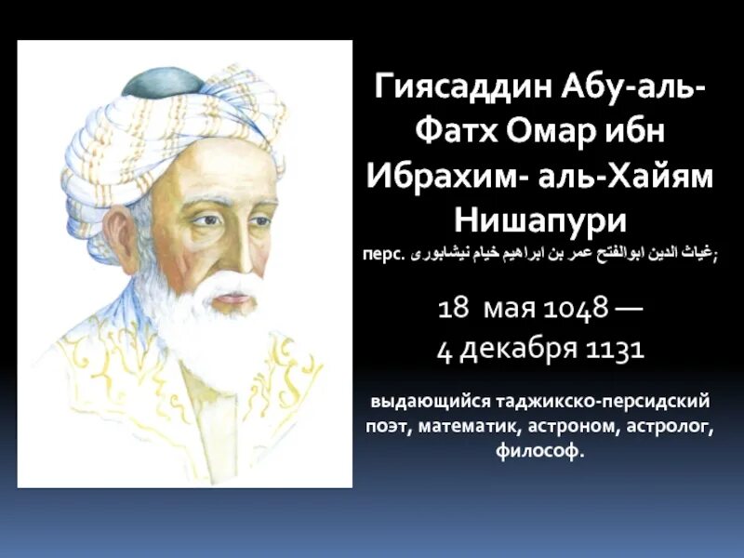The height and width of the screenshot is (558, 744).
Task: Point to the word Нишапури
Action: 541,220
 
